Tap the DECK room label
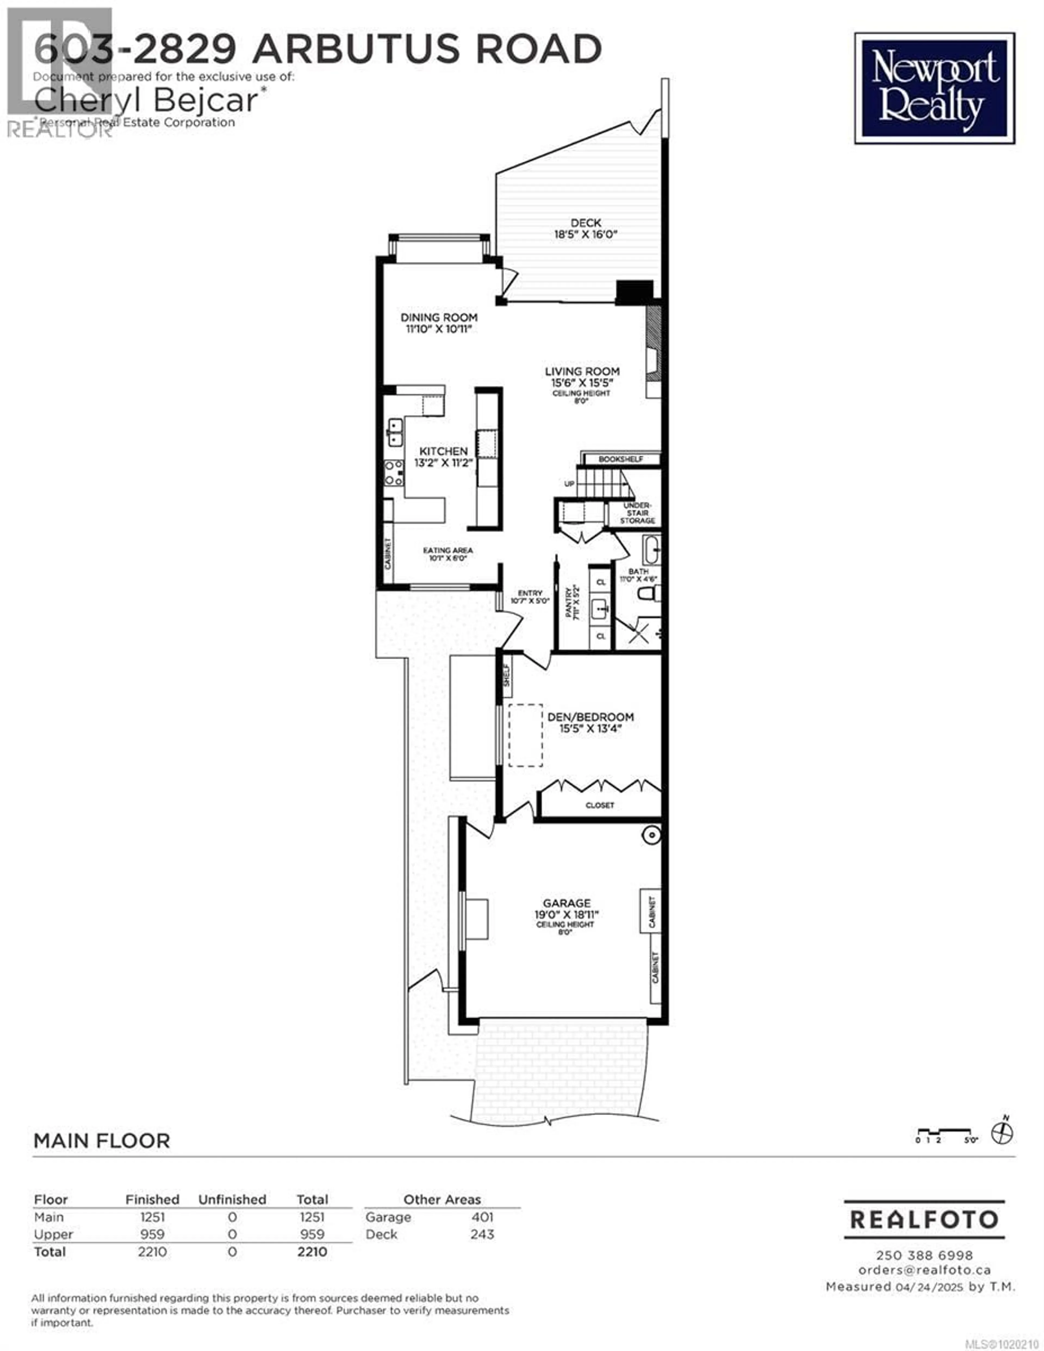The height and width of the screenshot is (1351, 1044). (x=585, y=223)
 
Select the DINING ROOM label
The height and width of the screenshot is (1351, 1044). (x=439, y=317)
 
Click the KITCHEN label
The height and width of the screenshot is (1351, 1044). (x=443, y=451)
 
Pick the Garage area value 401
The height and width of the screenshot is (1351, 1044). (x=482, y=1217)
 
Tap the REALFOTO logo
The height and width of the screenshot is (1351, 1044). (x=924, y=1219)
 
